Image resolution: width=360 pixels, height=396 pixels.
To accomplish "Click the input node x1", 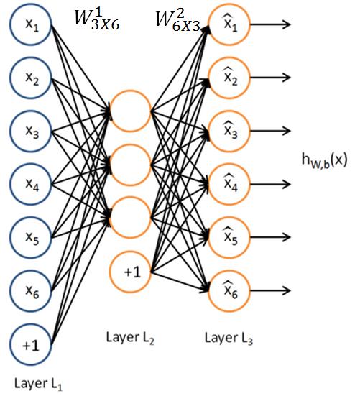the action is click(31, 24).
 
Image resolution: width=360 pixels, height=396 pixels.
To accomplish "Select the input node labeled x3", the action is click(31, 131).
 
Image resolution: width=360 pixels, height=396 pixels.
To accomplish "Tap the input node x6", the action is click(31, 290).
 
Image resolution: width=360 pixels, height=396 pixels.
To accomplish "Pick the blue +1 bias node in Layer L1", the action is click(31, 344).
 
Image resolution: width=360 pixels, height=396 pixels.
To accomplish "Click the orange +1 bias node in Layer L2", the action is click(130, 272).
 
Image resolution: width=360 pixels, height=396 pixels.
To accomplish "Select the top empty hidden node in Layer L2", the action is click(130, 111).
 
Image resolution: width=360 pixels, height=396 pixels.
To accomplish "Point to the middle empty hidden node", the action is click(130, 165).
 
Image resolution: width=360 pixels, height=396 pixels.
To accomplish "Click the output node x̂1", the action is click(229, 24).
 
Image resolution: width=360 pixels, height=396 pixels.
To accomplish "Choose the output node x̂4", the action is click(229, 184).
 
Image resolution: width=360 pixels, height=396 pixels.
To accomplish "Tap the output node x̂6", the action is click(229, 290).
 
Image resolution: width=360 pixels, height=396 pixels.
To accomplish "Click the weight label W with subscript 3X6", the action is click(97, 20).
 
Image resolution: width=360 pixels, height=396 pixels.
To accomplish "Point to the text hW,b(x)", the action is click(325, 160).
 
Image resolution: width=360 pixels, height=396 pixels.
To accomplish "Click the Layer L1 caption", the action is click(38, 384).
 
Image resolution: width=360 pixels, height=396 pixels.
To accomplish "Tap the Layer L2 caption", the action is click(130, 338).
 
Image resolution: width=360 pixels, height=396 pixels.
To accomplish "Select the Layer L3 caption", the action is click(229, 338).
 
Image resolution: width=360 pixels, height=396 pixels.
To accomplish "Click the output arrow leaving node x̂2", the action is click(270, 78).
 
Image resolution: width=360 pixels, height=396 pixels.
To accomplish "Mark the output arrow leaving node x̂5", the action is click(270, 237).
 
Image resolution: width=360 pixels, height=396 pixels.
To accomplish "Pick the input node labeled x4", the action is click(31, 184).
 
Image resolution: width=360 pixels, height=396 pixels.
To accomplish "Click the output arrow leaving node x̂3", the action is click(270, 131).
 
